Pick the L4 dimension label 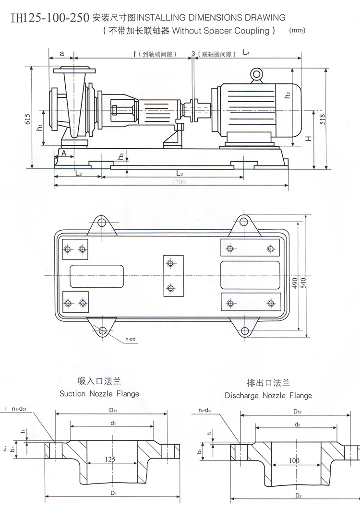coord(246,53)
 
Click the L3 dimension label coord(179,172)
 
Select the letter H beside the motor coord(310,139)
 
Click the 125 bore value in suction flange coord(110,459)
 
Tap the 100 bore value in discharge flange coord(294,460)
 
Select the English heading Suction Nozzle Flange coord(99,394)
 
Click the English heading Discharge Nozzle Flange coord(268,396)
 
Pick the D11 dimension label coord(113,411)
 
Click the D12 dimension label coord(297,412)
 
